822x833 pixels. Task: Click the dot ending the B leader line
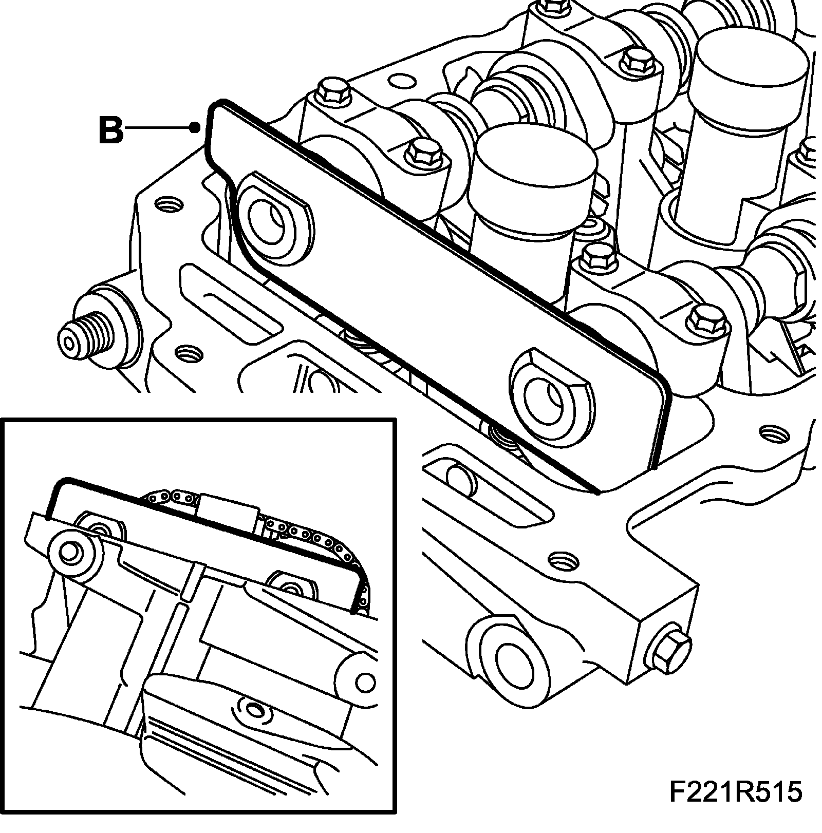pyautogui.click(x=194, y=128)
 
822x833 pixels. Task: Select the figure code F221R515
pyautogui.click(x=735, y=807)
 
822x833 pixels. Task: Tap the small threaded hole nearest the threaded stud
pyautogui.click(x=188, y=354)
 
